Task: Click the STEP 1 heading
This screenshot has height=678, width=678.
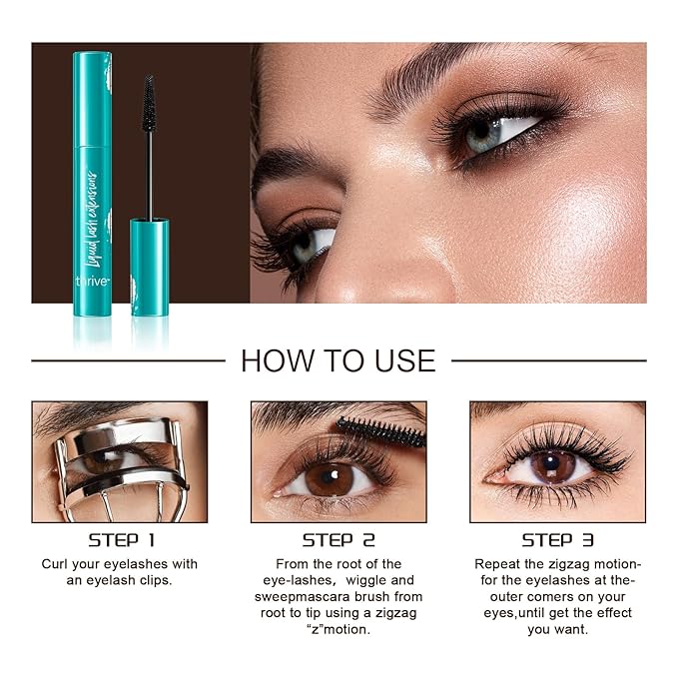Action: (x=121, y=540)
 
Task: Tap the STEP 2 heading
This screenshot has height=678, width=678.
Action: (x=339, y=540)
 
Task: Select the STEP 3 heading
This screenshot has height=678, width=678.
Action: (x=556, y=540)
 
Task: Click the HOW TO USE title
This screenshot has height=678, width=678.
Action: (x=339, y=359)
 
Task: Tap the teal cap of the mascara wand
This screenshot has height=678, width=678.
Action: (x=150, y=265)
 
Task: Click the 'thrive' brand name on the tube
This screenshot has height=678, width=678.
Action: (x=92, y=282)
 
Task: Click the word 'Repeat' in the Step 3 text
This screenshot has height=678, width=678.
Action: (x=497, y=564)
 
